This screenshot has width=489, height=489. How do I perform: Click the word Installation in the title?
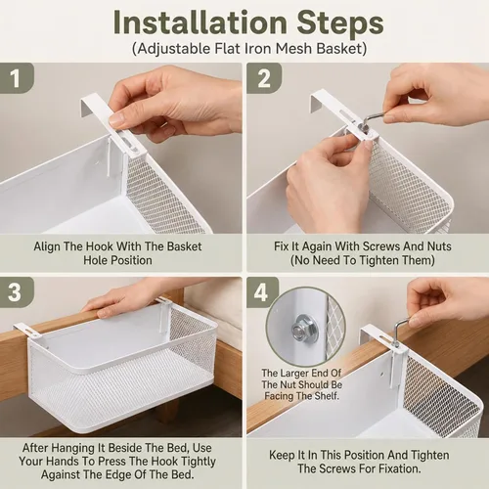pos(200,22)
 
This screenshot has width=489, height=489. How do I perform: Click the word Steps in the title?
pos(340,23)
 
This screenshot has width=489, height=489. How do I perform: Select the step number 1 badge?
pos(17,78)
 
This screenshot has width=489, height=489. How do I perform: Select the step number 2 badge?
pos(264,78)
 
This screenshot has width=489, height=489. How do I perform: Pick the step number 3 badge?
pos(17,292)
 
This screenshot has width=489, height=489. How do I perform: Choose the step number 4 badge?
pos(262,292)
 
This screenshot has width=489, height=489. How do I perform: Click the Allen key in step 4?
pos(399,330)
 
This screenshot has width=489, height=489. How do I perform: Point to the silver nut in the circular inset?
pos(298,328)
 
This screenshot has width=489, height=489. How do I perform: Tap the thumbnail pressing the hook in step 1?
pos(117,119)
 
